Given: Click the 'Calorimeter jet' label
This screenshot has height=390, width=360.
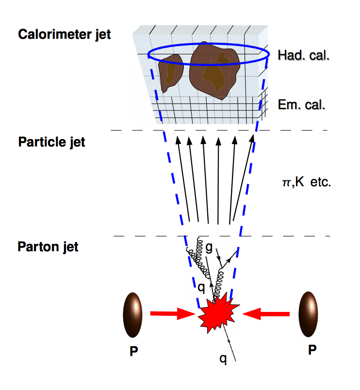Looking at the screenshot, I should point(64,34).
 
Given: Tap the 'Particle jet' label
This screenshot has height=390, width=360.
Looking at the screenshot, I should point(51,142).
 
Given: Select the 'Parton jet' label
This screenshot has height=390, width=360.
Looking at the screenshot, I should point(48,246).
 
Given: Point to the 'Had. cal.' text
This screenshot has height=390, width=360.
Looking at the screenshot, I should point(304,55).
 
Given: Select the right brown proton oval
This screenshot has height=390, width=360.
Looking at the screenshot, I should point(309,314).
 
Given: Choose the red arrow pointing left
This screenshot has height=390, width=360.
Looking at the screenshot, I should point(266,315).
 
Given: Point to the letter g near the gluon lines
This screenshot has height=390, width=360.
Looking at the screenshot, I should point(209,247).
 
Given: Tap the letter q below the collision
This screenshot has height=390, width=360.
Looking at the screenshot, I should point(223,359).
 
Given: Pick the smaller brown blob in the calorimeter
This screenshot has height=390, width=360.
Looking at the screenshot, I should point(170,72).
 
